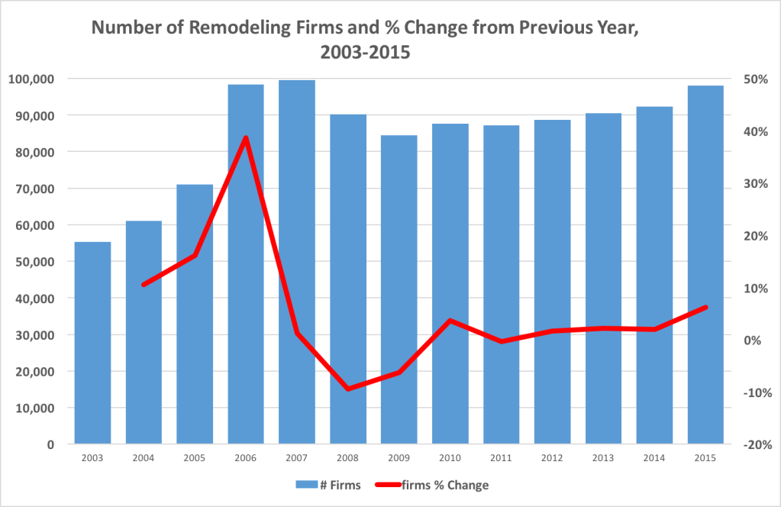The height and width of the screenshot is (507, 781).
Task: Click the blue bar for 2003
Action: click(92, 343)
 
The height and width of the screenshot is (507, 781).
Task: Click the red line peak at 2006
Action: click(246, 137)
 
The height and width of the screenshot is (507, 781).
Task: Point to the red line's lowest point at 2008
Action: click(348, 389)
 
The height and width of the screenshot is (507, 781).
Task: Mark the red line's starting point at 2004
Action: click(144, 285)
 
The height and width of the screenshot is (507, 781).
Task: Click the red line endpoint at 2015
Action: click(705, 307)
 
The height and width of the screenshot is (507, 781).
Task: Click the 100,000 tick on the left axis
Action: click(31, 79)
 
